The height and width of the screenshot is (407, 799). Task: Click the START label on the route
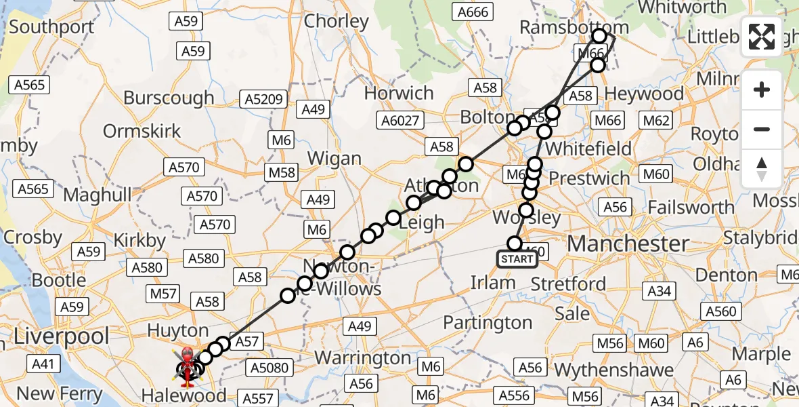pyautogui.click(x=517, y=259)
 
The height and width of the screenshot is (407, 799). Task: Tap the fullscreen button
pyautogui.click(x=762, y=37)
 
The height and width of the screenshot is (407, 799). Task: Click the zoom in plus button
pyautogui.click(x=762, y=90)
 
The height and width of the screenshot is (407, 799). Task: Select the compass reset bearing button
pyautogui.click(x=762, y=169)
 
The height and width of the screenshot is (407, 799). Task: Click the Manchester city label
pyautogui.click(x=628, y=244)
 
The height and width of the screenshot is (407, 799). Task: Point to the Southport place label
pyautogui.click(x=51, y=28)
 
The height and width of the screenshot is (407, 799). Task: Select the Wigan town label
pyautogui.click(x=334, y=159)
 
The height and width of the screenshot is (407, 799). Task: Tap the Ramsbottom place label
pyautogui.click(x=574, y=27)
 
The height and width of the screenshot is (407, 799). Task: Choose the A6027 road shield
pyautogui.click(x=401, y=121)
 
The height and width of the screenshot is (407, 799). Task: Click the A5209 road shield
pyautogui.click(x=263, y=100)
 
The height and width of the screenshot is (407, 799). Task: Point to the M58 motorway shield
pyautogui.click(x=282, y=172)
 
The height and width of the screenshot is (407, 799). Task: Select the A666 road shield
pyautogui.click(x=473, y=12)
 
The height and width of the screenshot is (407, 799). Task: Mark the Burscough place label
pyautogui.click(x=169, y=98)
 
